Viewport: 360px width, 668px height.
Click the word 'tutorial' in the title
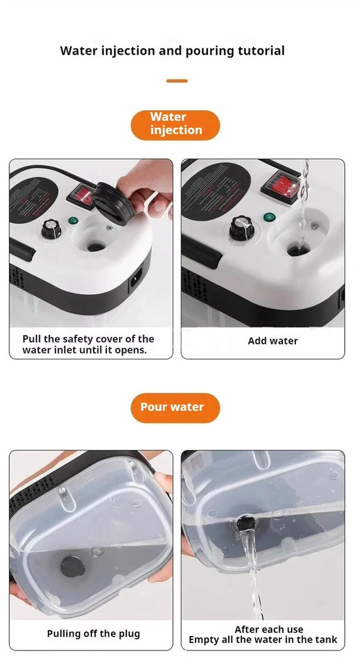pyautogui.click(x=259, y=51)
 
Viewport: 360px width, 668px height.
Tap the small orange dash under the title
pyautogui.click(x=177, y=81)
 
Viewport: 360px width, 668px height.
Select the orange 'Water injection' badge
pyautogui.click(x=175, y=125)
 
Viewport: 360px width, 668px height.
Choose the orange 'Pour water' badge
pyautogui.click(x=175, y=408)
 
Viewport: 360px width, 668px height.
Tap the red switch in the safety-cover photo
pyautogui.click(x=81, y=192)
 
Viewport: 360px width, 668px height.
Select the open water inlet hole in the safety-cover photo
pyautogui.click(x=95, y=247)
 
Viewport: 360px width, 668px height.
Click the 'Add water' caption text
pyautogui.click(x=273, y=341)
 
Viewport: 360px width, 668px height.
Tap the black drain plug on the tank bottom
pyautogui.click(x=72, y=566)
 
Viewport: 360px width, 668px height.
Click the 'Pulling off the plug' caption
pyautogui.click(x=93, y=634)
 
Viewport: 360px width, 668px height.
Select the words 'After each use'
pyautogui.click(x=269, y=630)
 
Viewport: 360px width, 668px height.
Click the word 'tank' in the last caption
pyautogui.click(x=325, y=640)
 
